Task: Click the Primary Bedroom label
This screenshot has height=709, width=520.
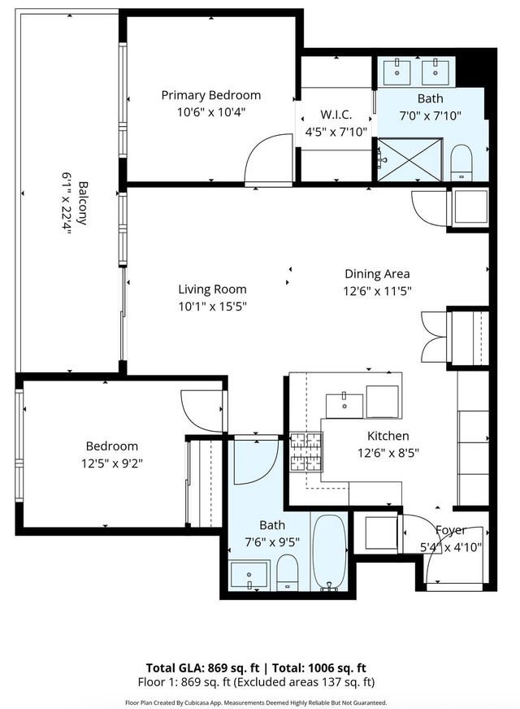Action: point(210,95)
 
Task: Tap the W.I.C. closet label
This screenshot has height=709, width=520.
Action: point(336,114)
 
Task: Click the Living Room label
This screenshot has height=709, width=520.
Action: point(212,289)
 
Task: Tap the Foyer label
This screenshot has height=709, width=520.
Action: point(450,530)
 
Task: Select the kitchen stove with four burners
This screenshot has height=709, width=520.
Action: point(307,453)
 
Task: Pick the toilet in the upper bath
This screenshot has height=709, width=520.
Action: point(461,161)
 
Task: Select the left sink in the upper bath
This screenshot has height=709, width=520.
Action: point(400,70)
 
